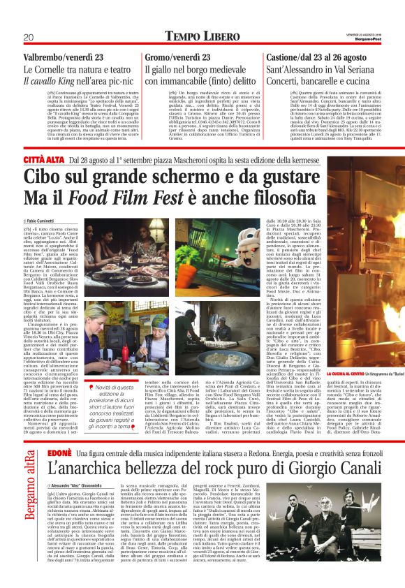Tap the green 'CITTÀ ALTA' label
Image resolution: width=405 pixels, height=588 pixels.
[43, 160]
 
